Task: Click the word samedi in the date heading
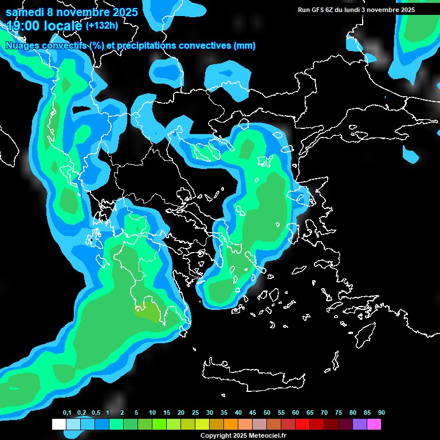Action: point(25,12)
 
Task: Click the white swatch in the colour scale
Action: point(58,425)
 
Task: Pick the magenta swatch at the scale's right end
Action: point(374,425)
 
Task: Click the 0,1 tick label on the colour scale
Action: point(67,413)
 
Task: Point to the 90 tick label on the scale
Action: point(382,413)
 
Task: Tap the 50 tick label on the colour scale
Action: point(267,413)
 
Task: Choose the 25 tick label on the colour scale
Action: point(195,413)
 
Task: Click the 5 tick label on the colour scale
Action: point(136,413)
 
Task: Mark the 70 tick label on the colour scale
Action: point(324,413)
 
